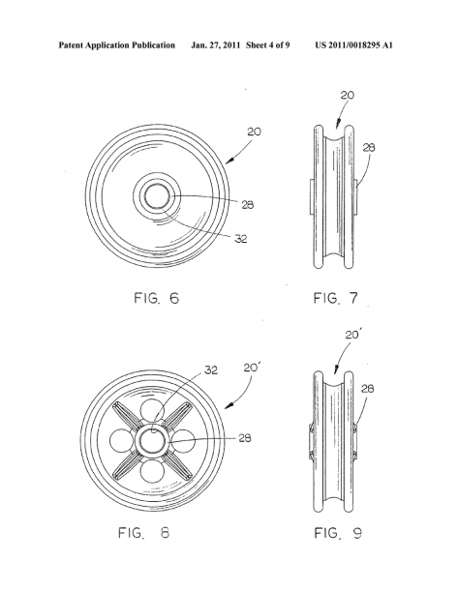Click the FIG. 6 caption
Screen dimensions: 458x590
click(156, 299)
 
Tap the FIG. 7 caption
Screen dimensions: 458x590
click(336, 299)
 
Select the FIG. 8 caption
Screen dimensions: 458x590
click(144, 533)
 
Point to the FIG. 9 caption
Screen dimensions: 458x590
click(338, 533)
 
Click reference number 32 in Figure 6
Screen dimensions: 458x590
click(241, 239)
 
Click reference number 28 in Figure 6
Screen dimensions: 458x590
click(248, 205)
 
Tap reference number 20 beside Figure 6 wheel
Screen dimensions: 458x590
click(254, 132)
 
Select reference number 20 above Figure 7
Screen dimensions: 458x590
click(348, 95)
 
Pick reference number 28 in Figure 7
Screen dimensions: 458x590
click(369, 147)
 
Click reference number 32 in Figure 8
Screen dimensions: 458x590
click(211, 370)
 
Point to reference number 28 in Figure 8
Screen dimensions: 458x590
click(245, 438)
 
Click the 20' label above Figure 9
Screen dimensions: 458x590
click(352, 334)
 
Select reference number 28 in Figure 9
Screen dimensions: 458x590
click(367, 388)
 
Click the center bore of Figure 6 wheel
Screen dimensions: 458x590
click(157, 196)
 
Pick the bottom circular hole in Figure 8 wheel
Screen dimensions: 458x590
click(152, 471)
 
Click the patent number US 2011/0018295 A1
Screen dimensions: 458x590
click(354, 45)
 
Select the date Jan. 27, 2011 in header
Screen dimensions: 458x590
click(215, 45)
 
